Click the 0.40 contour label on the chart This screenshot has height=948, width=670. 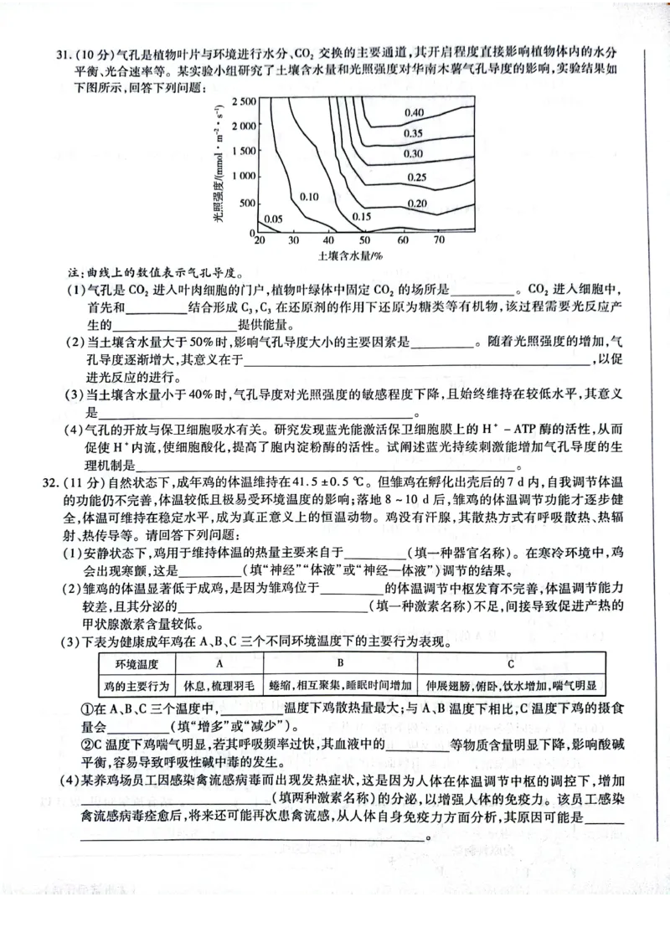(x=414, y=112)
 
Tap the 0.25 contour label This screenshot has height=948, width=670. (x=416, y=177)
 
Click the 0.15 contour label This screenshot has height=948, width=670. (x=363, y=216)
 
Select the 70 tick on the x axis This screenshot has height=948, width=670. (x=439, y=240)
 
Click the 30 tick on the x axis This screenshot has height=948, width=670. (x=293, y=240)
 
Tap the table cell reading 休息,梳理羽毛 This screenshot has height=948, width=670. (x=220, y=685)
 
